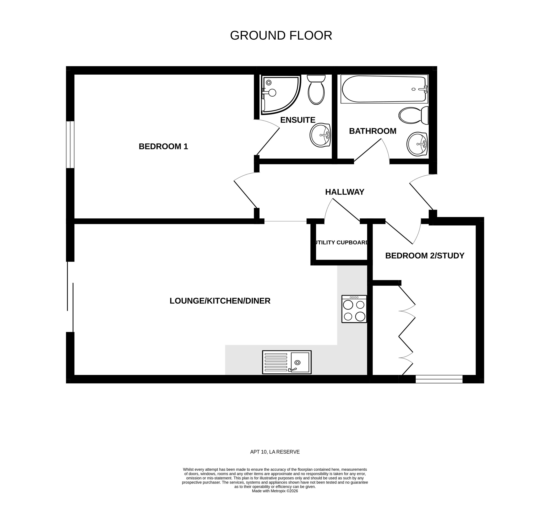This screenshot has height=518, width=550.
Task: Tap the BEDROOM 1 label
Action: [x=163, y=146]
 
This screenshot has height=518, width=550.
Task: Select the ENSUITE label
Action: [x=298, y=120]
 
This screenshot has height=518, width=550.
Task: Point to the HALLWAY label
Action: [x=344, y=192]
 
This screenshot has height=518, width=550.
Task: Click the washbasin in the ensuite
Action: [x=320, y=135]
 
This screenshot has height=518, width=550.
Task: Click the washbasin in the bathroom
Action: [x=417, y=144]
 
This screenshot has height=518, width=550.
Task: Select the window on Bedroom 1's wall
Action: [x=70, y=144]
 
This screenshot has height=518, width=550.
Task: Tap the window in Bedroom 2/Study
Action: [x=439, y=379]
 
